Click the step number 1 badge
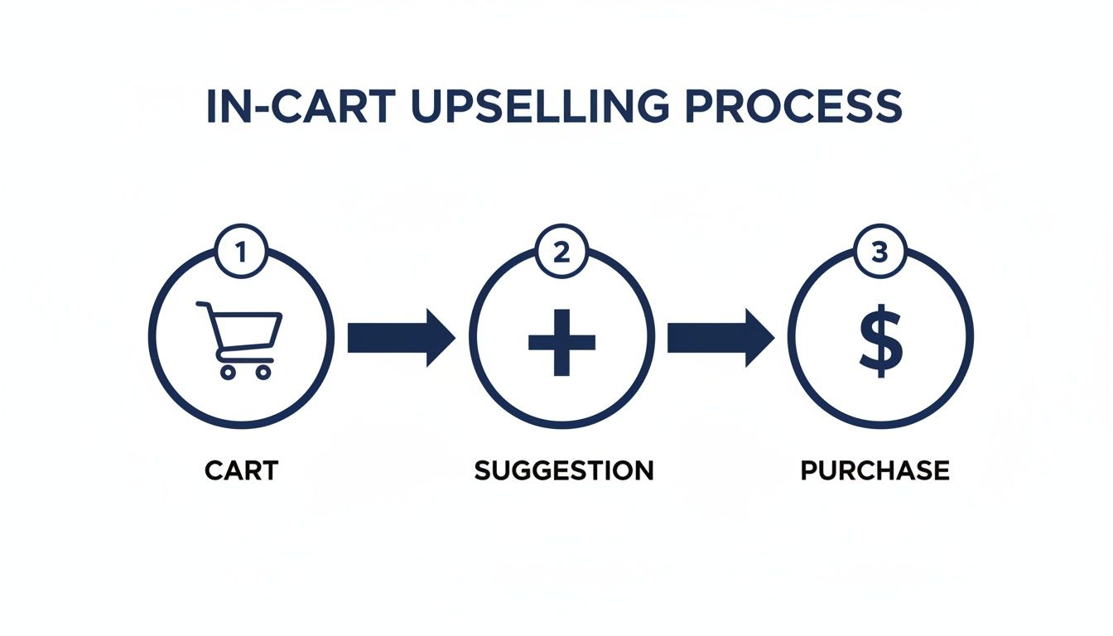[x=242, y=252]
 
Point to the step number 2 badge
[x=561, y=252]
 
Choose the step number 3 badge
[x=880, y=252]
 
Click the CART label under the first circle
[x=241, y=471]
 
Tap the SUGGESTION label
[x=563, y=471]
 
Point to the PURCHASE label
[x=874, y=471]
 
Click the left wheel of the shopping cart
[x=227, y=372]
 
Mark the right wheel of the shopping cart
[x=263, y=372]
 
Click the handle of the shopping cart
[x=202, y=306]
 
